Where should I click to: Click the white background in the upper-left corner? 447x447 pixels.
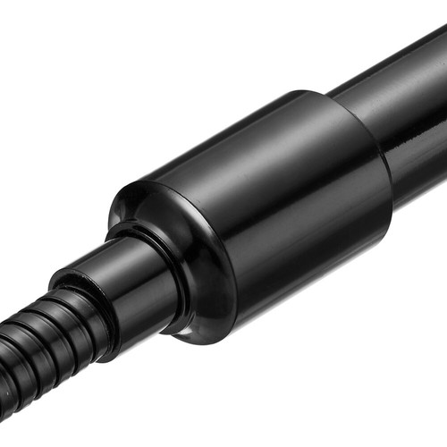pos(36,36)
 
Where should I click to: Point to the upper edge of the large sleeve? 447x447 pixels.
pos(232,125)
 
